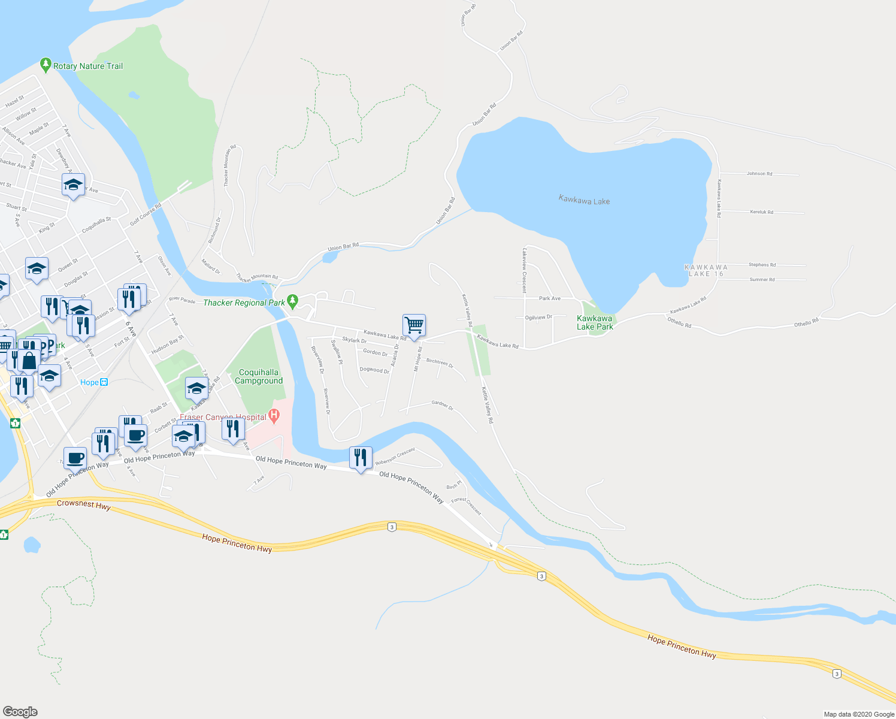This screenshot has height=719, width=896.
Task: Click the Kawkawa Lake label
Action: click(584, 200)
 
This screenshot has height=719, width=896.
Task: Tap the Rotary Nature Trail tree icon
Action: click(46, 64)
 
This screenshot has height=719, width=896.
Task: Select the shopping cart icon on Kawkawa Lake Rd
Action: click(414, 325)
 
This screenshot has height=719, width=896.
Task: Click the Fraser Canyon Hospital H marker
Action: click(274, 415)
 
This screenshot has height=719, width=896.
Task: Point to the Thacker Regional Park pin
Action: click(292, 300)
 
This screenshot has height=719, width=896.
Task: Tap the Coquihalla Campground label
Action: click(258, 376)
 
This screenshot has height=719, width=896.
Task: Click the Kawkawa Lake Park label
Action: click(595, 322)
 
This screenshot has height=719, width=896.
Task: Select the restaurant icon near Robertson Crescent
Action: click(360, 458)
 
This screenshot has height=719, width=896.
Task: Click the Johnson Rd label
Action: click(759, 174)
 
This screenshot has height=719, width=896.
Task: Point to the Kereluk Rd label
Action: click(761, 212)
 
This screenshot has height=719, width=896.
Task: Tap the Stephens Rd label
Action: click(762, 264)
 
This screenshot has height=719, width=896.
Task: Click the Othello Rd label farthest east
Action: click(806, 323)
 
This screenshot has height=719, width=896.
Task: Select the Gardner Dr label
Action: click(443, 405)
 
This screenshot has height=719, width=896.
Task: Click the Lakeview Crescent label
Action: click(525, 270)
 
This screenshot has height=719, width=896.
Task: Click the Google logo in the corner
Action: click(20, 712)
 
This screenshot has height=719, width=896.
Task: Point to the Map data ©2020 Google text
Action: click(859, 714)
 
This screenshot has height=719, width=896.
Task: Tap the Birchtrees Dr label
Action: click(440, 362)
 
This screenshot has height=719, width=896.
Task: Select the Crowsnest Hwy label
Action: click(84, 504)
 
